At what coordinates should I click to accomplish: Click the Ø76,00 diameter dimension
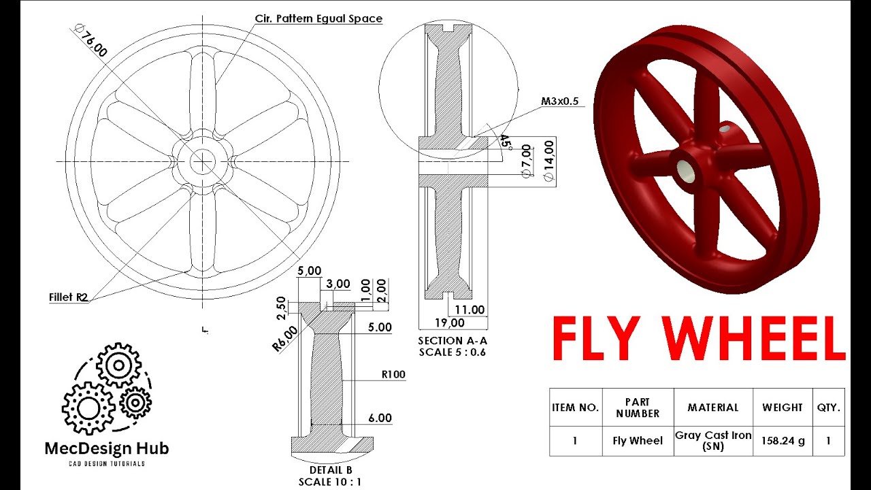tap(91, 42)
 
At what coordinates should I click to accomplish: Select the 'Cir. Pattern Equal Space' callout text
tap(318, 18)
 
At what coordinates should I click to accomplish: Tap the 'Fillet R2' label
tap(69, 297)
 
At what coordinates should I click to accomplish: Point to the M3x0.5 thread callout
tap(559, 101)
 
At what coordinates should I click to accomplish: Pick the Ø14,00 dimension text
tap(548, 160)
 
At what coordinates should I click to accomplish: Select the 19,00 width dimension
tap(449, 323)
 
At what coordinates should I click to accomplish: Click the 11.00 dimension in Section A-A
tap(470, 310)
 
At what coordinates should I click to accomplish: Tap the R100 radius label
tap(393, 374)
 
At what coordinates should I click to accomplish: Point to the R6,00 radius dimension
tap(285, 338)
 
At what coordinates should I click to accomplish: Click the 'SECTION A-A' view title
tap(453, 340)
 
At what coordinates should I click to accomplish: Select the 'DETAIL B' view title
tap(331, 470)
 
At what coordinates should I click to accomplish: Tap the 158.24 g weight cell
tap(783, 440)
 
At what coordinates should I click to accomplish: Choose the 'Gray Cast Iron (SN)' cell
tap(712, 440)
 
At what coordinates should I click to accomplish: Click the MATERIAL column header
tap(712, 408)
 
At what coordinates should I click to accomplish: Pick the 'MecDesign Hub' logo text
tap(107, 448)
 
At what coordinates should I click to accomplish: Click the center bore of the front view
tap(202, 161)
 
